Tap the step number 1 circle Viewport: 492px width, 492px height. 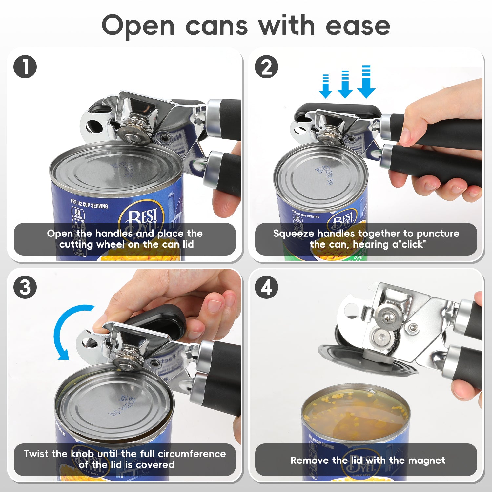(25, 67)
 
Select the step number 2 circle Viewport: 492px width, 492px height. (266, 67)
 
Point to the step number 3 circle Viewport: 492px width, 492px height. (25, 287)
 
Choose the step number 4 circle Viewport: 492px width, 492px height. (266, 287)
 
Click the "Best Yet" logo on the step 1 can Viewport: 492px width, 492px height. (143, 218)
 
